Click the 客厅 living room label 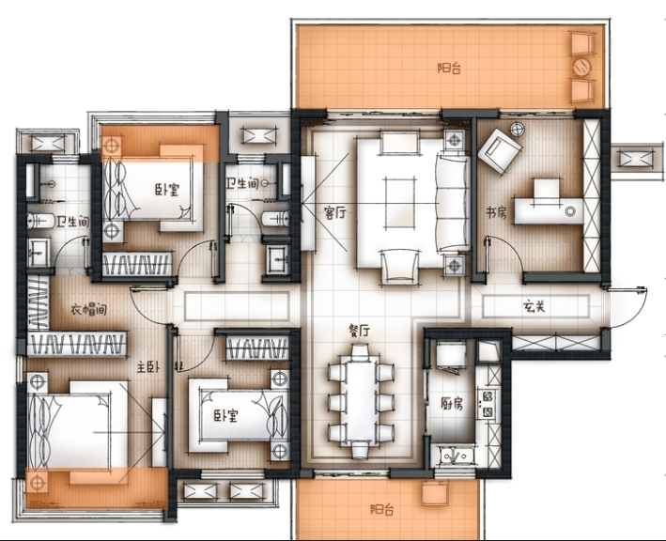click(x=334, y=212)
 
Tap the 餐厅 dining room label click(x=359, y=330)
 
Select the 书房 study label click(x=497, y=212)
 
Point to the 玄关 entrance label click(x=534, y=306)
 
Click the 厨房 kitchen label click(x=452, y=403)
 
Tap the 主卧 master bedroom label click(x=147, y=366)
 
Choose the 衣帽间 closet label click(x=88, y=310)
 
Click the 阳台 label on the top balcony click(x=449, y=68)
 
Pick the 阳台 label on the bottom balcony click(x=381, y=509)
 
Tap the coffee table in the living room click(x=399, y=203)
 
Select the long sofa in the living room click(x=454, y=203)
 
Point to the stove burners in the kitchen click(x=488, y=404)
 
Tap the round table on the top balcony click(x=581, y=67)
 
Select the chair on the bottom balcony click(x=435, y=493)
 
